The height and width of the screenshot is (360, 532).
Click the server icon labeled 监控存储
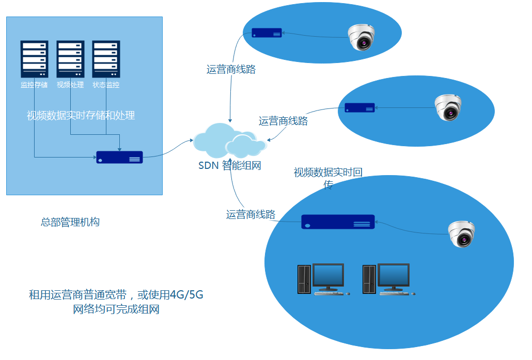[34, 59]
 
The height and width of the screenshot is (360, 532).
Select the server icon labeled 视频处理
[70, 59]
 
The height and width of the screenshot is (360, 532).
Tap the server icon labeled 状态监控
[106, 59]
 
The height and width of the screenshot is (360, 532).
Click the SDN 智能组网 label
[229, 166]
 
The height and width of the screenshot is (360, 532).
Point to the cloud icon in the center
[229, 140]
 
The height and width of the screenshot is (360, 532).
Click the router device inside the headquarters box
[119, 157]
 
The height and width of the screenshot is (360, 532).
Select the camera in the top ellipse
[361, 37]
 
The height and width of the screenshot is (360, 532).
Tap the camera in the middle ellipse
[447, 107]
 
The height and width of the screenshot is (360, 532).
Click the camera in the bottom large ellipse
[461, 234]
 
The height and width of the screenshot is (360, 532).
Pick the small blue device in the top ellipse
[267, 33]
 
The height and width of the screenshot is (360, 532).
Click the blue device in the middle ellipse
[360, 108]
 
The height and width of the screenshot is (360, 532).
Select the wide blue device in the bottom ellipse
[338, 222]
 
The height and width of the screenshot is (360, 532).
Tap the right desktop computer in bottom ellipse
[387, 279]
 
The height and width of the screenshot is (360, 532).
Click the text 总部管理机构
[70, 222]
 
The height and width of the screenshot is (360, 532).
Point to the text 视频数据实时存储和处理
[81, 115]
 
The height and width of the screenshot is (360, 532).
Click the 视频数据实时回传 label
[327, 173]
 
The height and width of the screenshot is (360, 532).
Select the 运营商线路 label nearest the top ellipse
[231, 69]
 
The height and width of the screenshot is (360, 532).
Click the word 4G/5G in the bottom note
[186, 295]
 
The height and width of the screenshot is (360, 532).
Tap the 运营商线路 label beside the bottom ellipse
[251, 214]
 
